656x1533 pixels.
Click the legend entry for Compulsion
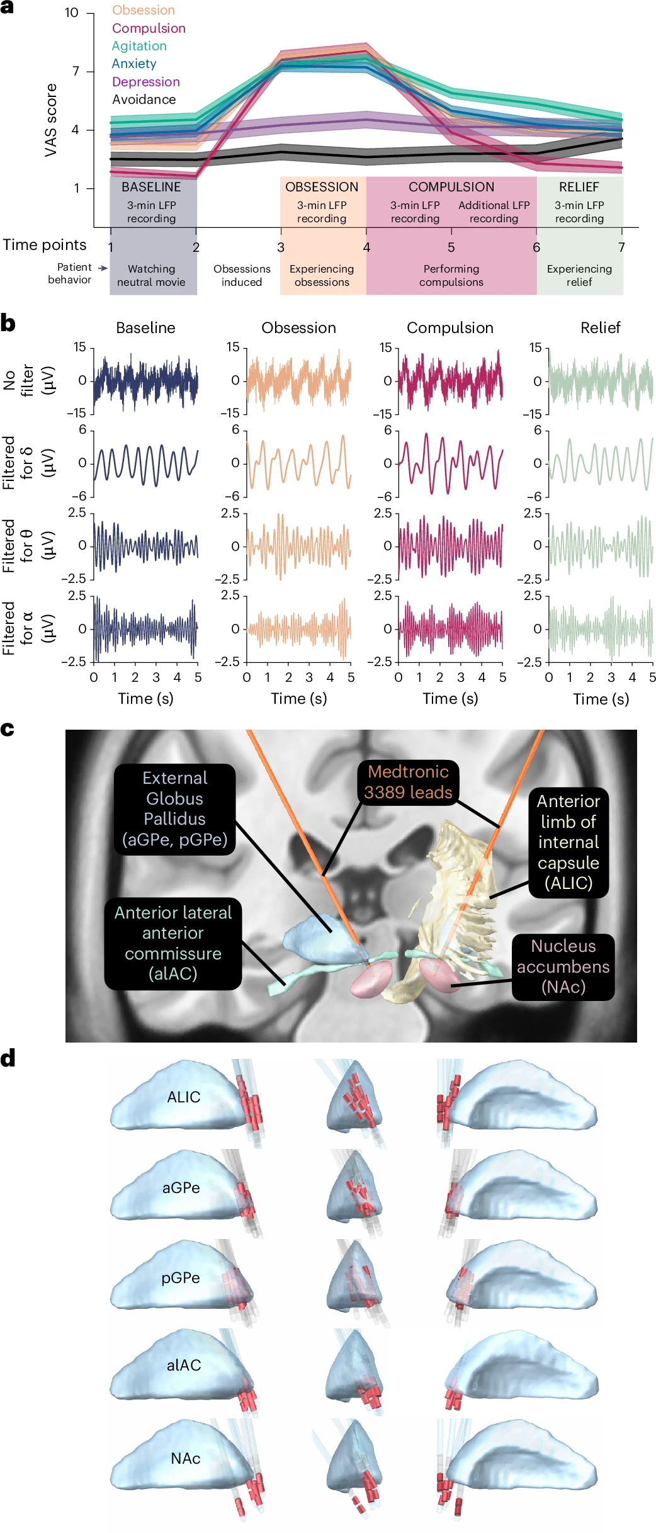tap(149, 28)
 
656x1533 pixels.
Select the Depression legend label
tap(145, 82)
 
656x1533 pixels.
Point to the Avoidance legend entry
tap(144, 99)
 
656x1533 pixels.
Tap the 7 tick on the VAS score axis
tap(76, 71)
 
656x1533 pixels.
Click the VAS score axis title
tap(51, 120)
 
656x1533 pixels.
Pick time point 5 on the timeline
tap(451, 247)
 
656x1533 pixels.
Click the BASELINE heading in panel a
tap(151, 187)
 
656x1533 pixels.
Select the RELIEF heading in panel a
tap(579, 187)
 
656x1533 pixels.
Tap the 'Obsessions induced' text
tap(242, 275)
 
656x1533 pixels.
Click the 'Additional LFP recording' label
tap(494, 212)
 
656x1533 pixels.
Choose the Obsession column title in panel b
tap(298, 328)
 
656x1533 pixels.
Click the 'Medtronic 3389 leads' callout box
tap(408, 782)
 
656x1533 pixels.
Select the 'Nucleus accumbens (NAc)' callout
tap(563, 966)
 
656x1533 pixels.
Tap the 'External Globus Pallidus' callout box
tap(174, 808)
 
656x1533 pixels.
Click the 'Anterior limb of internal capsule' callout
tap(568, 842)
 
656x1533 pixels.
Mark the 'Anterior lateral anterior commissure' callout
tap(172, 943)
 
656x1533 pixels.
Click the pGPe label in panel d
tap(181, 1277)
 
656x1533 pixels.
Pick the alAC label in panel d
tap(184, 1365)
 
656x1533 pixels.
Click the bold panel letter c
tap(8, 729)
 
